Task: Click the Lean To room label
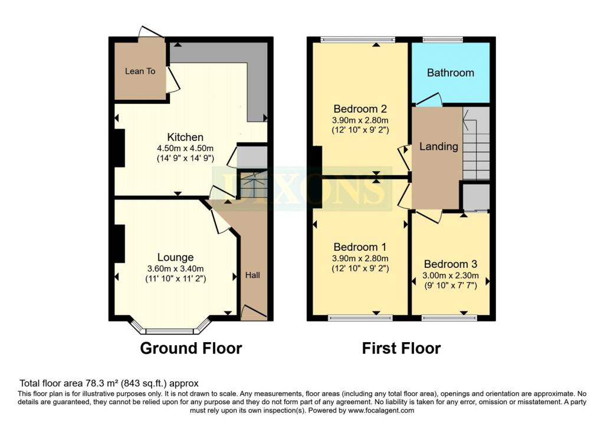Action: [x=140, y=71]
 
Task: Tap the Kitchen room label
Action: [x=185, y=137]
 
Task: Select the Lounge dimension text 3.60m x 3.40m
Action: [x=176, y=269]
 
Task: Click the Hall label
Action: [x=252, y=275]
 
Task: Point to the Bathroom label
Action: [x=451, y=73]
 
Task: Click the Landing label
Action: [x=439, y=146]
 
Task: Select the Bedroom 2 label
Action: [x=360, y=109]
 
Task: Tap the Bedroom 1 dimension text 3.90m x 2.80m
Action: [x=360, y=259]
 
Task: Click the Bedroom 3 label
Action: [x=451, y=264]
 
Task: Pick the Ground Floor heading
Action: [x=191, y=348]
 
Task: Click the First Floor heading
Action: [x=401, y=348]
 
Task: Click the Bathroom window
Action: [x=443, y=39]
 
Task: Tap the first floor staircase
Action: [x=476, y=143]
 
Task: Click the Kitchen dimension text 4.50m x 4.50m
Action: [x=185, y=148]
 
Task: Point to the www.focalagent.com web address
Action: [x=381, y=410]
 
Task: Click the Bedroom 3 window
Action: [x=449, y=318]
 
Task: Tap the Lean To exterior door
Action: [x=151, y=32]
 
